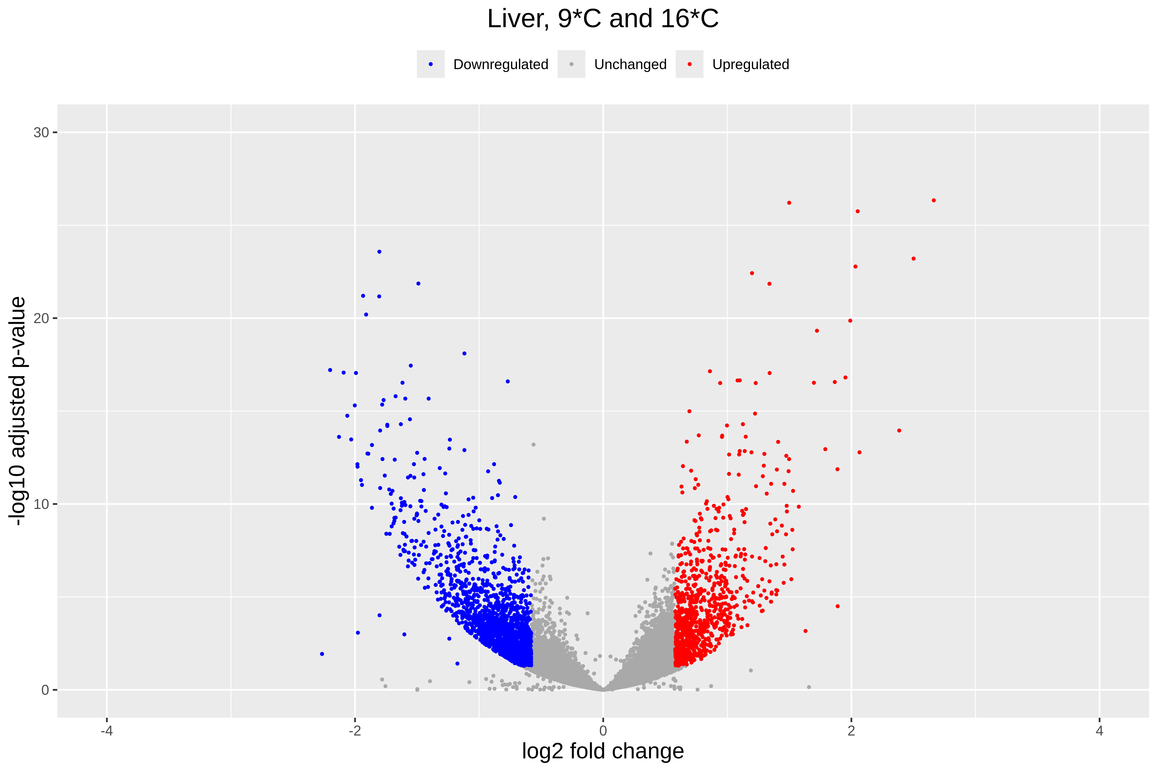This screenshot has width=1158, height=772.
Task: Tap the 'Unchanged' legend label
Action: coord(630,64)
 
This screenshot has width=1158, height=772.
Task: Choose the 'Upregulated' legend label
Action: coord(750,64)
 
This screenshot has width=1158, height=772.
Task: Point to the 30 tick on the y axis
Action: coord(41,132)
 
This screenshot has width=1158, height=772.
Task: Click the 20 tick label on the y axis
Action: coord(41,319)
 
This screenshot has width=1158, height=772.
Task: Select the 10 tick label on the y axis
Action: coord(41,504)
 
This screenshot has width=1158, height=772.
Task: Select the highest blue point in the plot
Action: coord(379,252)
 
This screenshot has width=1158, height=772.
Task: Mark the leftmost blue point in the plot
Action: coord(322,654)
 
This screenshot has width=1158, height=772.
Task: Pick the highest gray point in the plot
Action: coord(533,445)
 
